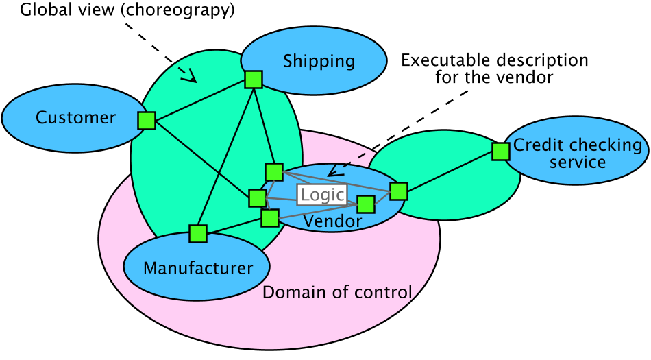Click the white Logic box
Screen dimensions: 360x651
point(322,194)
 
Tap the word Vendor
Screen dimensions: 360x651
point(332,221)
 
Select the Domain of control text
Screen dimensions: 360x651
point(337,293)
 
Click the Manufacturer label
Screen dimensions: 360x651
point(198,268)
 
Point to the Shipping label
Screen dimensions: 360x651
point(319,61)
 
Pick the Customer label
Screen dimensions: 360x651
point(75,118)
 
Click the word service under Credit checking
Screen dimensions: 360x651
point(577,163)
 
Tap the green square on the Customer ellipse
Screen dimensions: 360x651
point(147,121)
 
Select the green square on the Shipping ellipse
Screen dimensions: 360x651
point(254,80)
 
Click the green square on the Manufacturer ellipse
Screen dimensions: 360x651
point(198,234)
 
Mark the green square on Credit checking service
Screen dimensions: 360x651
point(501,152)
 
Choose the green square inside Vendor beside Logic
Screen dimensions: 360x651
point(366,204)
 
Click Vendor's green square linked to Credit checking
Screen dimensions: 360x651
point(398,191)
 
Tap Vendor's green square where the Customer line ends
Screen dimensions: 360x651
point(257,198)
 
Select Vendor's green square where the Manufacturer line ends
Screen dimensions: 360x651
point(270,218)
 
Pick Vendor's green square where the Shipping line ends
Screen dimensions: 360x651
point(274,171)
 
